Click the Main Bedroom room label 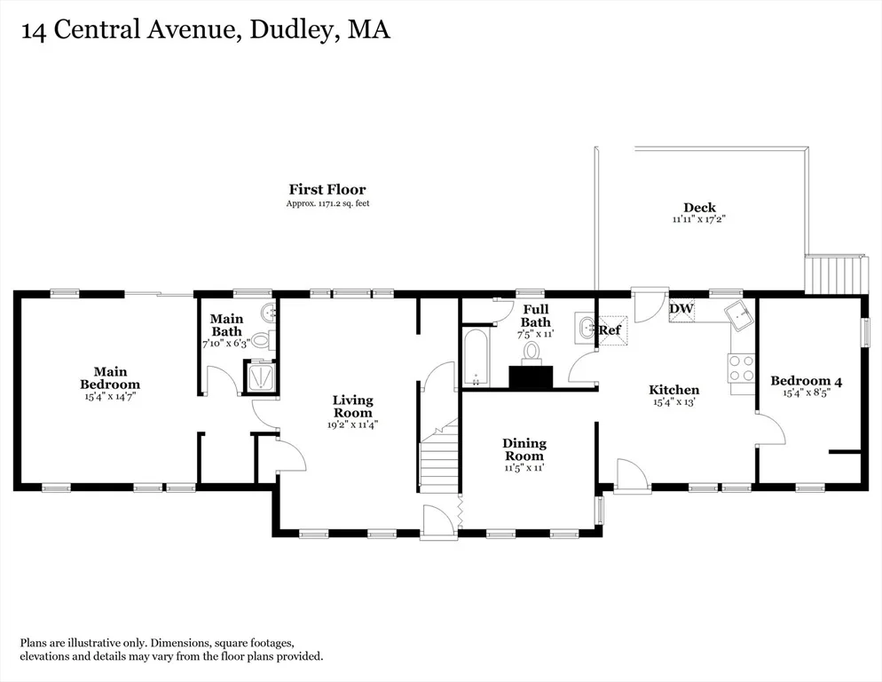pos(110,378)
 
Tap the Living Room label pos(352,406)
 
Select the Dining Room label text pos(524,449)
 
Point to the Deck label pos(700,207)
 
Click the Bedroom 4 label pos(806,381)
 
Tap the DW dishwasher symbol pos(681,309)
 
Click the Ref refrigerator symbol pos(610,329)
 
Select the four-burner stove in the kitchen pos(742,369)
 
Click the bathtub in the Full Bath pos(476,358)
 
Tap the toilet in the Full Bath pos(531,352)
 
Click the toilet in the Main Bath pos(262,339)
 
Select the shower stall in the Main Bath pos(260,376)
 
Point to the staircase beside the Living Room pos(440,456)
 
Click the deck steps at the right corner pos(833,274)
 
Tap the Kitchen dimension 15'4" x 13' pos(673,402)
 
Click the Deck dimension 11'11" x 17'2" pos(699,219)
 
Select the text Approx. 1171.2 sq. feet pos(328,203)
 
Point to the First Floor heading pos(327,189)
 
